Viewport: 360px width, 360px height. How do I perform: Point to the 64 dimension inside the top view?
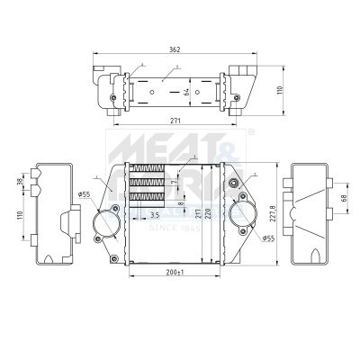pos(186,90)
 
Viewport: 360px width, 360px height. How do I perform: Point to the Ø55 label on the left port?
pos(84,193)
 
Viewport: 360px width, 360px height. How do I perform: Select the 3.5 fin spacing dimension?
pos(155,216)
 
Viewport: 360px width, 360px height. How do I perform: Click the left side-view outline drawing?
pos(52,214)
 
